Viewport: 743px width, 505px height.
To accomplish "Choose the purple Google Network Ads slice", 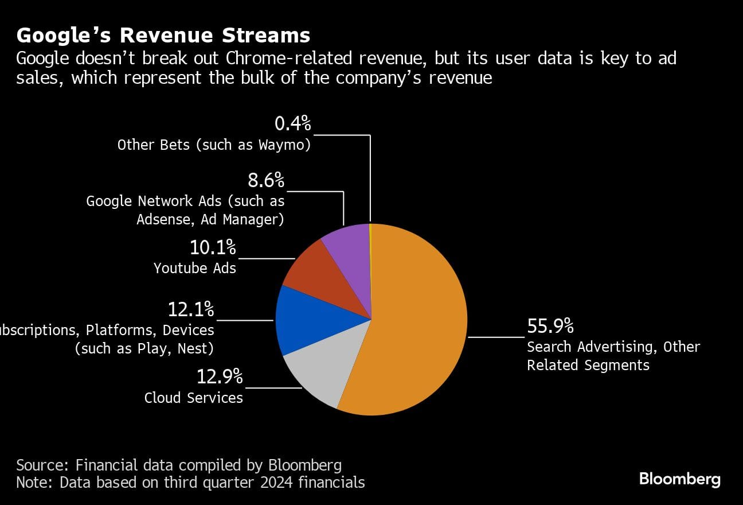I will tap(350, 247).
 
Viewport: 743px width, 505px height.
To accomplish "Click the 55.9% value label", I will tap(550, 326).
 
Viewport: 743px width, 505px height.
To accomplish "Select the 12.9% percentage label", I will tap(220, 377).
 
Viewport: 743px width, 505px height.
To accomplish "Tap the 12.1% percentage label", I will tap(191, 309).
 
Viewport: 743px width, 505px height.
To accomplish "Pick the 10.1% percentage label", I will tap(213, 247).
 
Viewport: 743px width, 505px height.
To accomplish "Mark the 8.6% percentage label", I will tap(266, 181).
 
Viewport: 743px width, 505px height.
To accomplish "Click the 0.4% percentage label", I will tap(292, 123).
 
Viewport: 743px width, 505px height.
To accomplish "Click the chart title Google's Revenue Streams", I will tap(163, 36).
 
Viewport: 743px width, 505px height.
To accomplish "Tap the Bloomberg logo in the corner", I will tap(680, 479).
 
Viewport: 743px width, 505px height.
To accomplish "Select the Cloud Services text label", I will tap(194, 398).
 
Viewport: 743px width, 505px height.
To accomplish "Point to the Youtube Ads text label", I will tap(195, 268).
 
